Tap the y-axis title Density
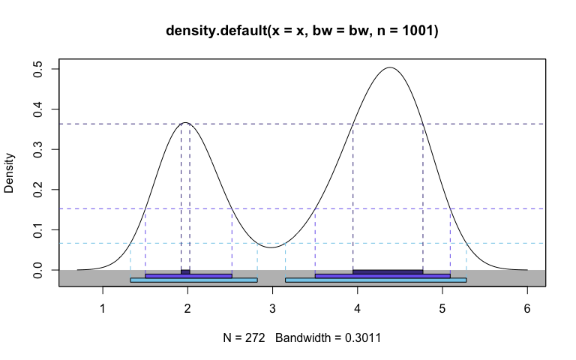(x=10, y=173)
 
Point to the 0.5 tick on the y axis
(x=37, y=69)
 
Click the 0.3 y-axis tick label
(x=37, y=149)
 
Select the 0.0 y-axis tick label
(x=37, y=269)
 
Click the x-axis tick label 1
(x=103, y=307)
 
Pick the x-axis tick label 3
(x=272, y=307)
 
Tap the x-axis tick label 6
(x=527, y=307)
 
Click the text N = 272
(x=244, y=338)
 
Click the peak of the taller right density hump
(x=390, y=68)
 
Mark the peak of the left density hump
(x=185, y=123)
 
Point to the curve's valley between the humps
(x=272, y=247)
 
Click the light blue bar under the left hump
(x=193, y=280)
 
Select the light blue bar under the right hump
(x=376, y=280)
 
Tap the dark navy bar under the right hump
(x=388, y=271)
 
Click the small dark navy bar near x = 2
(x=185, y=271)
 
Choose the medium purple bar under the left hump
(x=188, y=275)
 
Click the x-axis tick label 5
(x=442, y=307)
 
